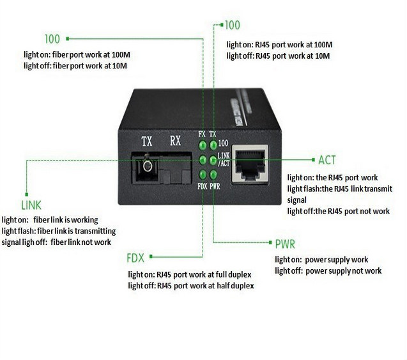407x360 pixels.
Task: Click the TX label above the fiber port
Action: click(x=147, y=142)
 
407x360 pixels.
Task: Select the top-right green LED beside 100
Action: click(x=213, y=145)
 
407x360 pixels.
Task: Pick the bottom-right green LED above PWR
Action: click(x=213, y=174)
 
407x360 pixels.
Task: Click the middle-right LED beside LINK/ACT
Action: click(x=213, y=160)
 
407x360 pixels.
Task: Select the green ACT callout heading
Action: click(x=326, y=160)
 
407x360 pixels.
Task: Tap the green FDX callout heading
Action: click(x=135, y=258)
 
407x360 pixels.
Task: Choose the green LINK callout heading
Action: click(x=31, y=205)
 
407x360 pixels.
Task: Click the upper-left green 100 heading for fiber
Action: click(x=52, y=39)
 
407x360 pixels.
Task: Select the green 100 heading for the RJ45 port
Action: click(x=233, y=26)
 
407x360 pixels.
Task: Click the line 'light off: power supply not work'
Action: click(x=328, y=271)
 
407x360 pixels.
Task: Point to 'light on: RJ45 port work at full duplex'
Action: click(x=190, y=274)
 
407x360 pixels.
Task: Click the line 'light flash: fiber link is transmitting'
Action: click(x=59, y=231)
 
